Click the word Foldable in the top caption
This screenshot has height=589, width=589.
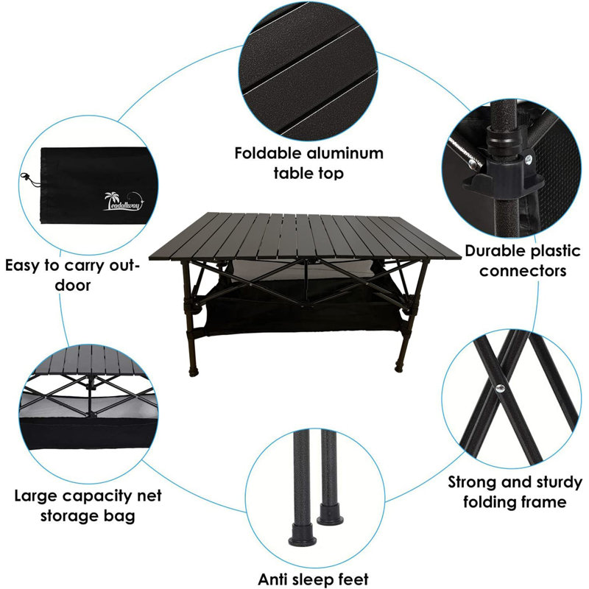(x=268, y=153)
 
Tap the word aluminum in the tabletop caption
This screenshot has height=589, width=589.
(x=345, y=153)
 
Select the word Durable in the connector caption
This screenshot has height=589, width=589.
(x=495, y=251)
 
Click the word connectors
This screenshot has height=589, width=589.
(x=523, y=270)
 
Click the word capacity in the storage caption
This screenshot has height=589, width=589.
(x=97, y=496)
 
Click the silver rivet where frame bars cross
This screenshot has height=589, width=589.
(x=500, y=388)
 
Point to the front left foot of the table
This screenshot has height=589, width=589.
(x=194, y=372)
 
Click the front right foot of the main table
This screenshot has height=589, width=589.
(x=399, y=367)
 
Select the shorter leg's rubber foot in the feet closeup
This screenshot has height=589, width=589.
(x=330, y=515)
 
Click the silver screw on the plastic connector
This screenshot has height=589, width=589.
(x=529, y=159)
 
